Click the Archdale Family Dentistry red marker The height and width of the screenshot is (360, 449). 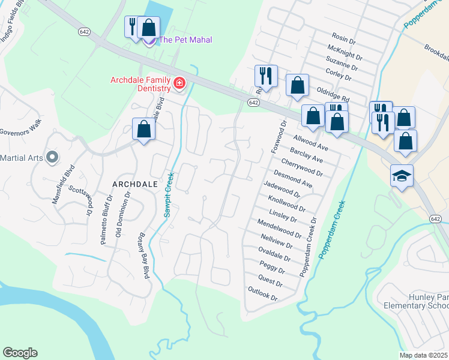coord(178,84)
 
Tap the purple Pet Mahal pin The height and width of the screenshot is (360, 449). coord(149,40)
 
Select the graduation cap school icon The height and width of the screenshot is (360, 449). coord(402,176)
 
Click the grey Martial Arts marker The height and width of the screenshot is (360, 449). coord(52,158)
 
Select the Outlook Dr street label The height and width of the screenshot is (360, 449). coord(263,293)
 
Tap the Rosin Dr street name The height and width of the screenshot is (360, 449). coord(344,38)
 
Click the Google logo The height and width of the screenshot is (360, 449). coord(20,353)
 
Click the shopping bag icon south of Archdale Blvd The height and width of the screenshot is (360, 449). coord(144,129)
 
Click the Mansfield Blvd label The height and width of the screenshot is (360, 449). coord(62,185)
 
